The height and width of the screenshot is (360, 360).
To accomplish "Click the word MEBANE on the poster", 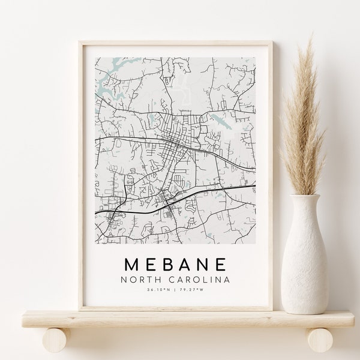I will [176, 265].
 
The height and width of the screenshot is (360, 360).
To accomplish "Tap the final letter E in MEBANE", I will [221, 265].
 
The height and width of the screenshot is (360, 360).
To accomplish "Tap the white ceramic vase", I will [305, 258].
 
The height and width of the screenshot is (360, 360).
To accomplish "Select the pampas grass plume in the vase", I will [305, 120].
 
